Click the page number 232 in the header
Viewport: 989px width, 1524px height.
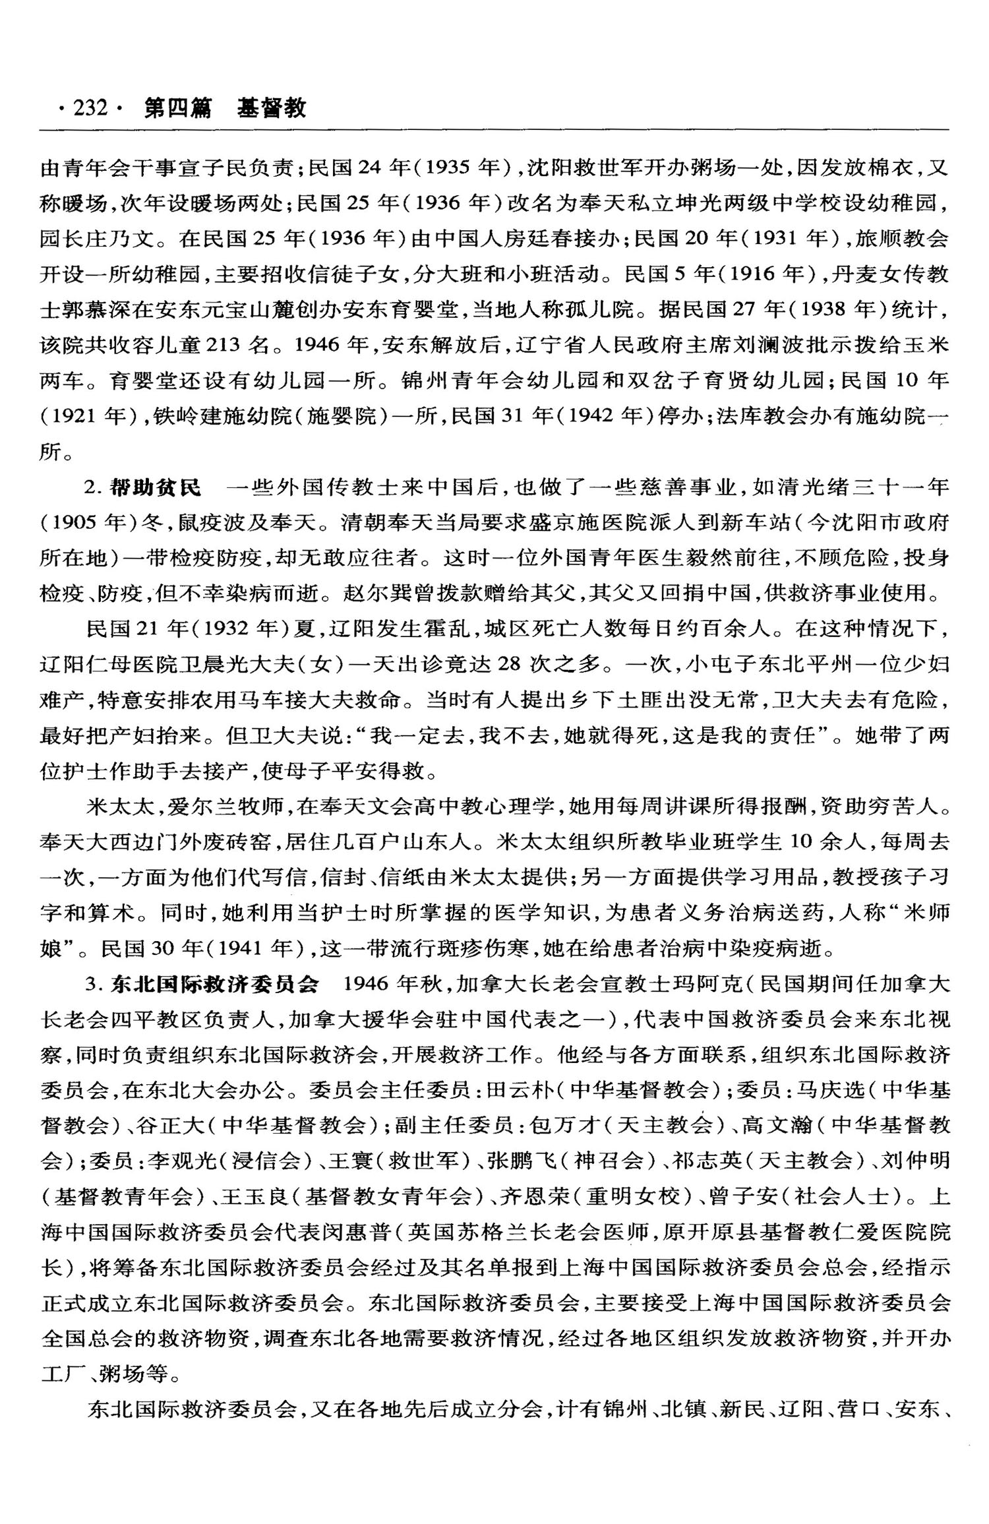tap(90, 107)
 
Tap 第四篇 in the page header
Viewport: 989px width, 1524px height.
tap(177, 107)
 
